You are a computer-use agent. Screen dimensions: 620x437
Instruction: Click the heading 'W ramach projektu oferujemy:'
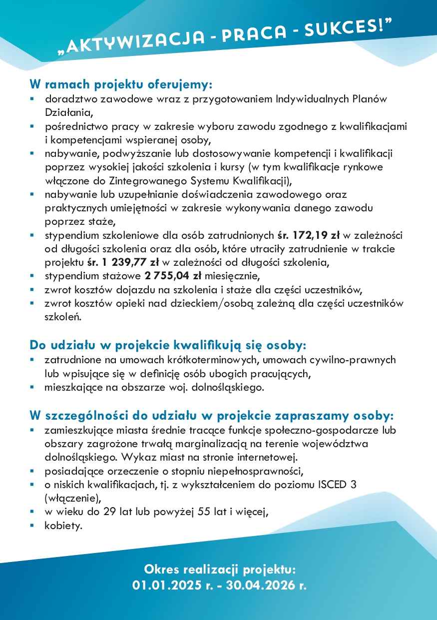pyautogui.click(x=121, y=83)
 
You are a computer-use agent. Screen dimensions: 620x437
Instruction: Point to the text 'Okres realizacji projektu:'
pyautogui.click(x=220, y=569)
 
